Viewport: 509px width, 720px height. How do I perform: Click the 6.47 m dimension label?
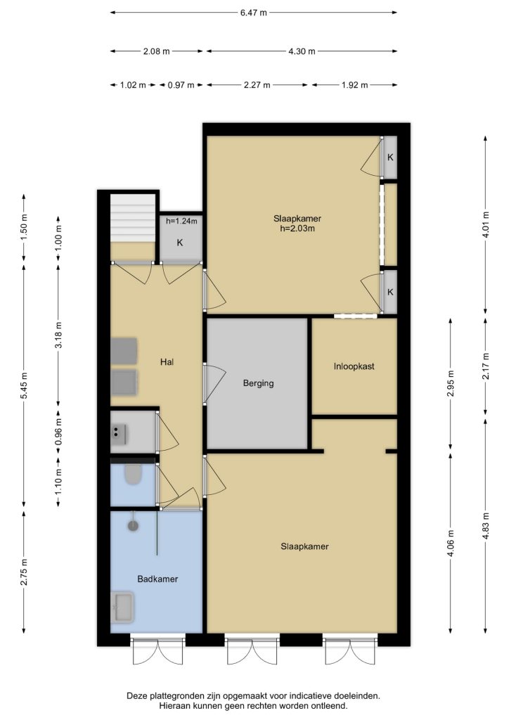pyautogui.click(x=253, y=13)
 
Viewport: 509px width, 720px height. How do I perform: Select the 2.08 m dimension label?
pyautogui.click(x=157, y=51)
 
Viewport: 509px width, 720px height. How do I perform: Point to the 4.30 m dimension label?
pyautogui.click(x=302, y=51)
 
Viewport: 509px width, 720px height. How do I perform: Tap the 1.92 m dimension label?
pyautogui.click(x=355, y=85)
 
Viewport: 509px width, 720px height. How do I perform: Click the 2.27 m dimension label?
pyautogui.click(x=257, y=85)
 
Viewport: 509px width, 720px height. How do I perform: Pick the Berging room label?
pyautogui.click(x=259, y=383)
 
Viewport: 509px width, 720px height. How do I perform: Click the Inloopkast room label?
pyautogui.click(x=354, y=366)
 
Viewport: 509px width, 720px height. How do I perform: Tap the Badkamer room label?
pyautogui.click(x=157, y=579)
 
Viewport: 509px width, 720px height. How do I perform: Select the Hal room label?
pyautogui.click(x=167, y=362)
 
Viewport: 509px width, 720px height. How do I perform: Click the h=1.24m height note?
pyautogui.click(x=181, y=221)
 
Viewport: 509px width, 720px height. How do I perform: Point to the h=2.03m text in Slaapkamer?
pyautogui.click(x=297, y=229)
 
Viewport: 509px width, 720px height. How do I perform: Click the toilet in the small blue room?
pyautogui.click(x=133, y=475)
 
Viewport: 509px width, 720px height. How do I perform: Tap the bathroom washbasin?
pyautogui.click(x=122, y=607)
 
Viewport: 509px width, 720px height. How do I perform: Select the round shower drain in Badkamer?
pyautogui.click(x=133, y=526)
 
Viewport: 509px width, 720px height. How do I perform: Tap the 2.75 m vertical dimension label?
pyautogui.click(x=25, y=572)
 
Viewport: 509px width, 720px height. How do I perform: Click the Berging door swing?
pyautogui.click(x=215, y=383)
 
